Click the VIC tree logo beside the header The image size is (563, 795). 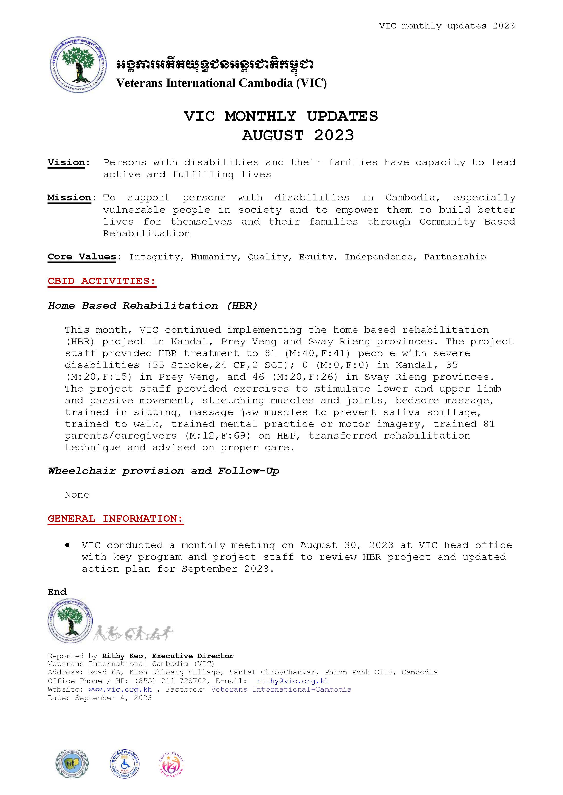coord(78,64)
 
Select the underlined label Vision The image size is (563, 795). coord(66,162)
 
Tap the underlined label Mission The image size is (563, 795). coord(69,198)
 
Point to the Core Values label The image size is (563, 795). coord(82,257)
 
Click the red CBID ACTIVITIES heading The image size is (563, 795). coord(102,281)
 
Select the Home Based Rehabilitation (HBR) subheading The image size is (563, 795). coord(153,306)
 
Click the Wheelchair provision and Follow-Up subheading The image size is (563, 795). coord(163,471)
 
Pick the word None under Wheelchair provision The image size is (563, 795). coord(77,495)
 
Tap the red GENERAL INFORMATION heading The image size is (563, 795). coord(115,519)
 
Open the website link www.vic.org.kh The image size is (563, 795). coord(120,689)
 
